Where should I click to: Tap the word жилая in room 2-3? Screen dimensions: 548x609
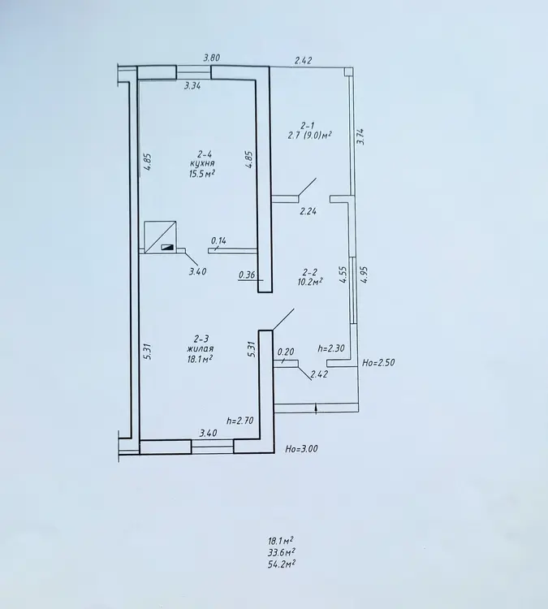200,349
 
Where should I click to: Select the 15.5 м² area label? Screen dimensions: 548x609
202,174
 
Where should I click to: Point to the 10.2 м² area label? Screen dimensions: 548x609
310,282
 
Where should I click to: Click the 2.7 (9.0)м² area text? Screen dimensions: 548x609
309,135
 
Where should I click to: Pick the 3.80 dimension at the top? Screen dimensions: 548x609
212,58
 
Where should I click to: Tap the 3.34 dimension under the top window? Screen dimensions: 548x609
192,86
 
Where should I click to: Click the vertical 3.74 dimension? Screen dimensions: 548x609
360,136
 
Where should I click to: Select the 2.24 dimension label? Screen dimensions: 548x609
308,211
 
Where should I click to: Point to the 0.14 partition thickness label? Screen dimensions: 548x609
218,241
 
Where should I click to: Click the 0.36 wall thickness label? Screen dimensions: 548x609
247,275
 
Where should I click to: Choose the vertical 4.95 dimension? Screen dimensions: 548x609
364,274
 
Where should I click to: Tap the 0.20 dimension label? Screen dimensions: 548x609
286,352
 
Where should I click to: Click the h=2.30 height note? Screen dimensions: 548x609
331,348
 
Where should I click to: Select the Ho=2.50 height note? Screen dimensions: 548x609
378,363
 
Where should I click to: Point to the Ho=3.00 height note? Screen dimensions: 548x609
301,449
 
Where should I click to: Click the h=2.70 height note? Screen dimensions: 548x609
240,421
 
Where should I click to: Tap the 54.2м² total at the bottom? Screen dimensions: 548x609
281,564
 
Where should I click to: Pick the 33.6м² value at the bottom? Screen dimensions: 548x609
281,552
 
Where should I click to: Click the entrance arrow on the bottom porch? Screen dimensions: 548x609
316,409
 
